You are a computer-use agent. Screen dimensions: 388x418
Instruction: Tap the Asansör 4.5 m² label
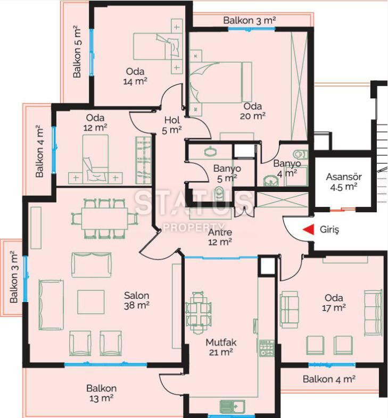click(344, 182)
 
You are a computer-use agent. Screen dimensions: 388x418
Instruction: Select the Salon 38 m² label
click(136, 300)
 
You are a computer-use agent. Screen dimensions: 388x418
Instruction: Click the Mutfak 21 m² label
click(221, 347)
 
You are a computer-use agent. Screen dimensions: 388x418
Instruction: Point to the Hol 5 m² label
click(172, 125)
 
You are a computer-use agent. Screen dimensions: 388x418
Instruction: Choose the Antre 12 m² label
click(220, 237)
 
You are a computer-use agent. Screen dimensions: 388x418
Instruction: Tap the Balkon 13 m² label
click(102, 393)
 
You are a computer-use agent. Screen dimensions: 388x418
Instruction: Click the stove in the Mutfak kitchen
click(267, 348)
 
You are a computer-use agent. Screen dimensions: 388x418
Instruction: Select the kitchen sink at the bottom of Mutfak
click(233, 406)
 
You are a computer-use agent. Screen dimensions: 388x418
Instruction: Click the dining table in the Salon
click(104, 219)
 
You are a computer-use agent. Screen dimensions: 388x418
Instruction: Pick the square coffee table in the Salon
click(90, 302)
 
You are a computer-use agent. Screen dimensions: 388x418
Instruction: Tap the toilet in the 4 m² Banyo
click(301, 154)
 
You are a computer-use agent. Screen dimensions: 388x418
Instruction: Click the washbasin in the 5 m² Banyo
click(211, 152)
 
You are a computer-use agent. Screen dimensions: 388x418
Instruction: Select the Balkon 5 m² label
click(77, 52)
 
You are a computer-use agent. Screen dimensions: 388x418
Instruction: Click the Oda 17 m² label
click(334, 303)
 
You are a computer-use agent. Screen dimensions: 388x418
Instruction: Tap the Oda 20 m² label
click(252, 111)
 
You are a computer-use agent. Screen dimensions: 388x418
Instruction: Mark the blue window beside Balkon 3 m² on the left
click(25, 279)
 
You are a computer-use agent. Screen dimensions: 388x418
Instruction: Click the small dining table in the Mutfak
click(198, 312)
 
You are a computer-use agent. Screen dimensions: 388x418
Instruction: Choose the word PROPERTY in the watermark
click(193, 227)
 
